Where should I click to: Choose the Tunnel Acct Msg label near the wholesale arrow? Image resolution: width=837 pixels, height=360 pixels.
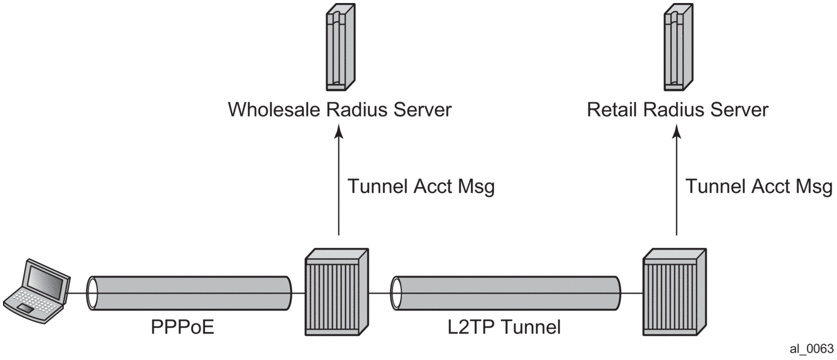pyautogui.click(x=421, y=187)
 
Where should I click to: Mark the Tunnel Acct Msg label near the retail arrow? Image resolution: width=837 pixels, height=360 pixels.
pyautogui.click(x=759, y=187)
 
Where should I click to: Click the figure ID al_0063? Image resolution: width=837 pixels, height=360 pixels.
pyautogui.click(x=812, y=349)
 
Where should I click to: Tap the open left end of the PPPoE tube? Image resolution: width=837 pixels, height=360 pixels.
pyautogui.click(x=92, y=293)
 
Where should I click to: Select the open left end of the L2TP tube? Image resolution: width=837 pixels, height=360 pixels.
pyautogui.click(x=396, y=293)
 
